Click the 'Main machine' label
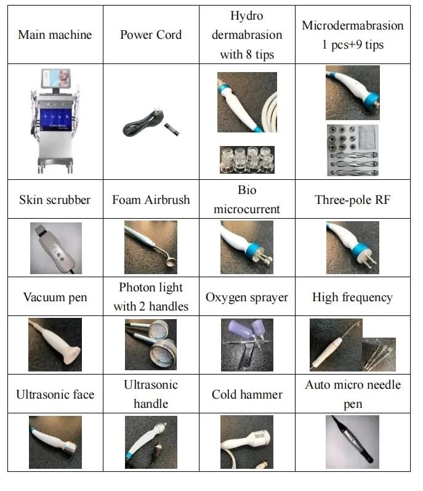pyautogui.click(x=55, y=34)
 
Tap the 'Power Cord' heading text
pyautogui.click(x=151, y=34)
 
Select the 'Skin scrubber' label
pyautogui.click(x=55, y=200)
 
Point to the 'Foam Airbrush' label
pyautogui.click(x=151, y=200)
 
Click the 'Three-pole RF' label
pyautogui.click(x=353, y=200)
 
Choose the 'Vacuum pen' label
pyautogui.click(x=55, y=297)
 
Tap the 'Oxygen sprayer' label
pyautogui.click(x=247, y=298)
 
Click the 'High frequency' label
pyautogui.click(x=353, y=298)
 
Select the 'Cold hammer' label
pyautogui.click(x=247, y=394)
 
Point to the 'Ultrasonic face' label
pyautogui.click(x=55, y=394)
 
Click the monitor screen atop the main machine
pyautogui.click(x=55, y=78)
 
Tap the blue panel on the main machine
pyautogui.click(x=56, y=120)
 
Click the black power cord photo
pyautogui.click(x=151, y=123)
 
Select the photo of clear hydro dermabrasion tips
pyautogui.click(x=247, y=160)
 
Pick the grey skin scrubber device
pyautogui.click(x=55, y=248)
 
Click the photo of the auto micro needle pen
pyautogui.click(x=352, y=442)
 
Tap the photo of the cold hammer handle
pyautogui.click(x=247, y=442)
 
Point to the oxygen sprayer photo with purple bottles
pyautogui.click(x=247, y=345)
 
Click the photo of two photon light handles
pyautogui.click(x=151, y=344)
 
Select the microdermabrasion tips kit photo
pyautogui.click(x=353, y=150)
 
